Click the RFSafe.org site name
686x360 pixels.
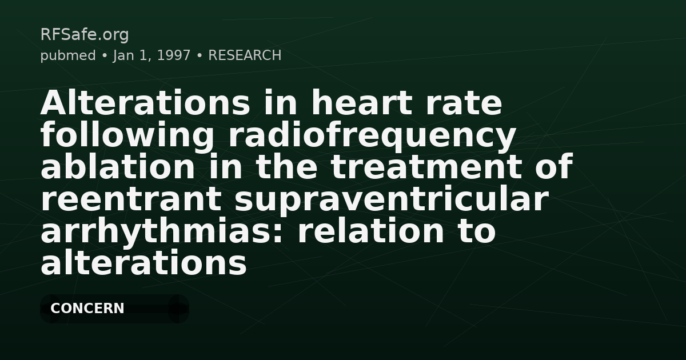[x=84, y=35]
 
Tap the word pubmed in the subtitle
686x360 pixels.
[x=67, y=55]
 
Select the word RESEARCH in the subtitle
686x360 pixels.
[x=245, y=55]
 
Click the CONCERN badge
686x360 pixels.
[x=87, y=309]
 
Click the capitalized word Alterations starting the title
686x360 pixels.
[x=145, y=104]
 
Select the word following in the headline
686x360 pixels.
[x=127, y=136]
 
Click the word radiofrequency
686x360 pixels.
[x=372, y=136]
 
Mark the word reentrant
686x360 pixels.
[x=131, y=200]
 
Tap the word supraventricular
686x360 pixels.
[x=390, y=200]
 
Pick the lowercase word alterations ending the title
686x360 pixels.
[x=143, y=264]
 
